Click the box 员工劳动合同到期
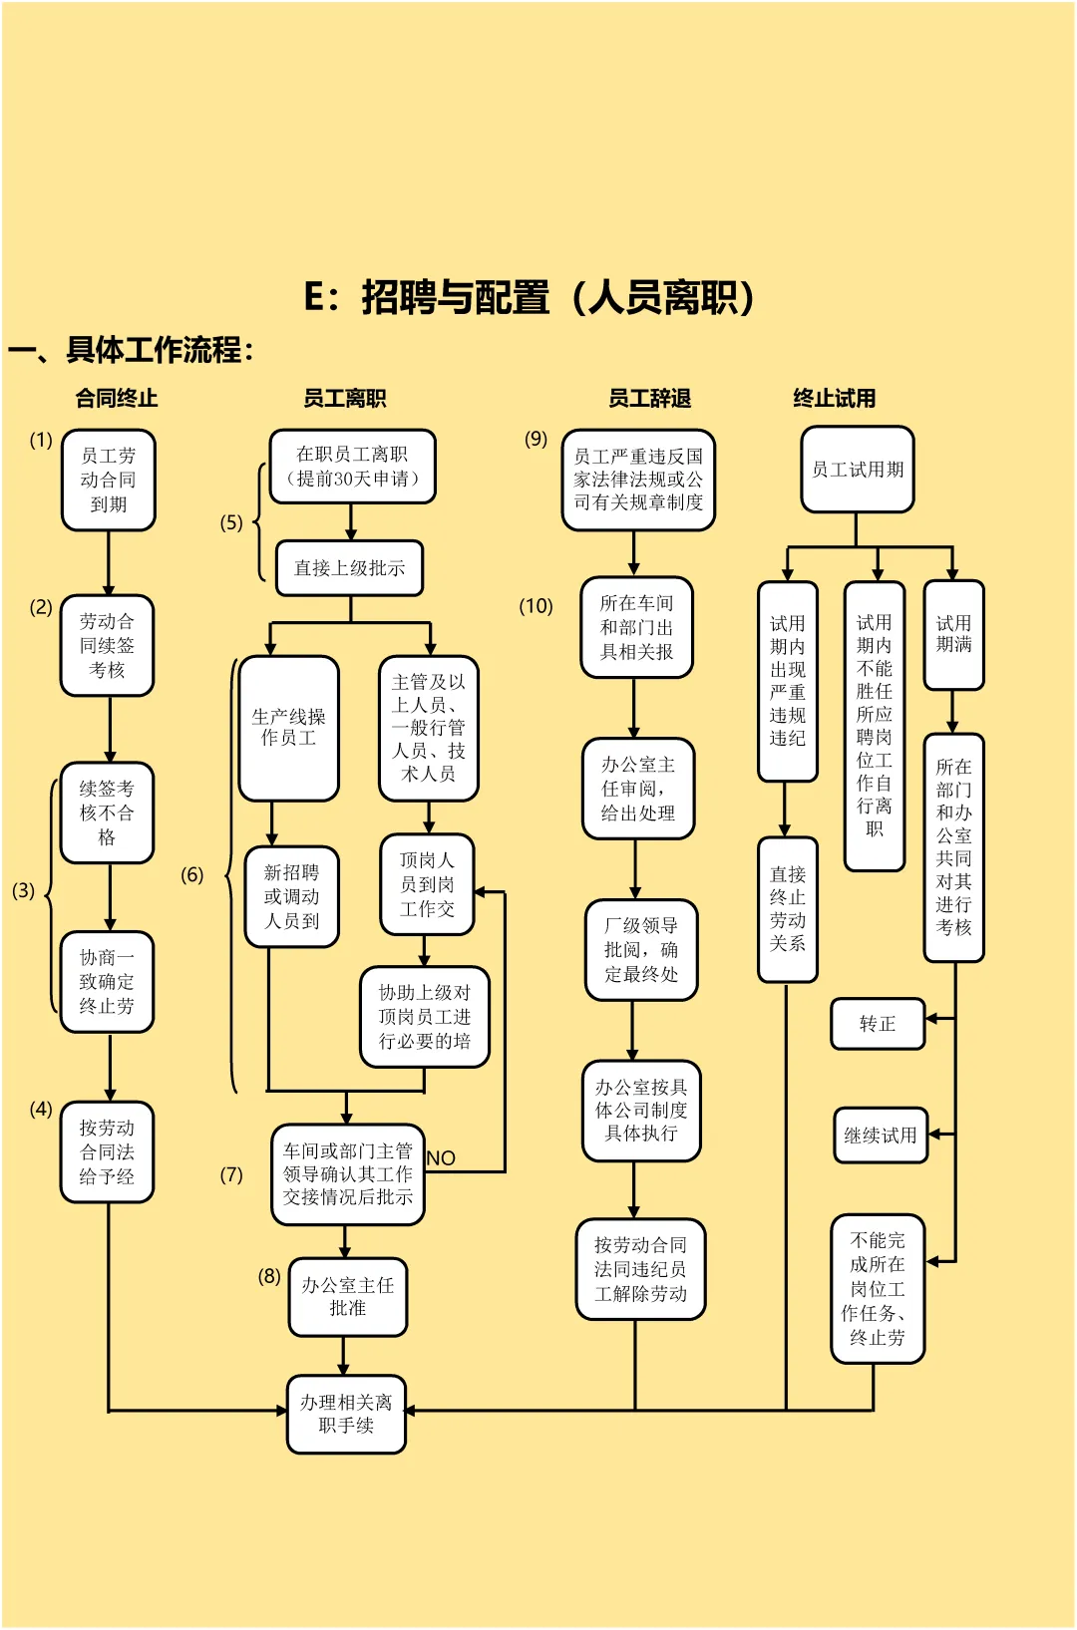[109, 480]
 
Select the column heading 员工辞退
[650, 399]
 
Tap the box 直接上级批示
[349, 568]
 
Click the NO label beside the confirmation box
[441, 1158]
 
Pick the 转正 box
[878, 1024]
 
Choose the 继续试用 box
[881, 1136]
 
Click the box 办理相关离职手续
[346, 1414]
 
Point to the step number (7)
[231, 1174]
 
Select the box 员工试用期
[858, 470]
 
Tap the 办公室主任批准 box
[348, 1296]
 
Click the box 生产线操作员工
[289, 728]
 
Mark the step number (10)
[536, 606]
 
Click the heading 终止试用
[835, 399]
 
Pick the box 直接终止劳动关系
[788, 909]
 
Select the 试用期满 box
[953, 634]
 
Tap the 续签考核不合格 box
[107, 813]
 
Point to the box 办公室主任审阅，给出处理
[638, 789]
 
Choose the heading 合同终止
[117, 399]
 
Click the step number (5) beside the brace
[231, 522]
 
